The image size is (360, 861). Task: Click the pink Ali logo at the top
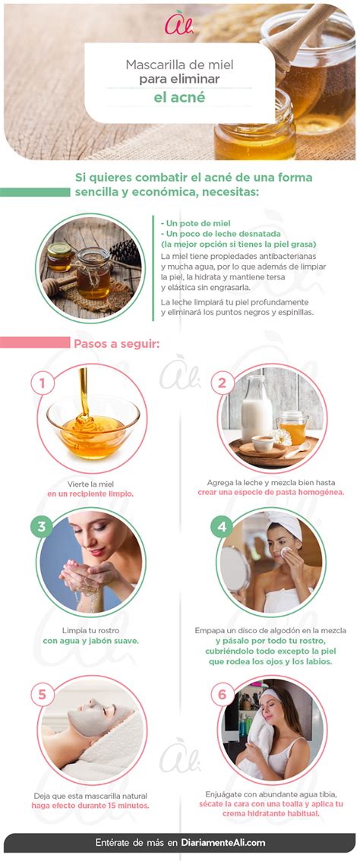[x=178, y=24]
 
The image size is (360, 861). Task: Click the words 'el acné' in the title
[x=179, y=97]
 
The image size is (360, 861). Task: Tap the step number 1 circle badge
[x=43, y=383]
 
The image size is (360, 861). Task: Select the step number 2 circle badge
[x=222, y=383]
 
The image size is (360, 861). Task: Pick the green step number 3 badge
[x=43, y=527]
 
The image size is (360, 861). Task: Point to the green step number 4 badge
[x=222, y=527]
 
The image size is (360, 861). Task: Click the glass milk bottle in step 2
[x=256, y=408]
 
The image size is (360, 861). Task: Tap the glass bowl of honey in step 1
[x=93, y=424]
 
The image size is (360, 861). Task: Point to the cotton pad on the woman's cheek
[x=286, y=551]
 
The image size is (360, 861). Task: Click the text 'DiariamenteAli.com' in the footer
[x=224, y=843]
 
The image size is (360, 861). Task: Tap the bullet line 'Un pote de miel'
[x=195, y=223]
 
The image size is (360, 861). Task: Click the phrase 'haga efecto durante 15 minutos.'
[x=90, y=806]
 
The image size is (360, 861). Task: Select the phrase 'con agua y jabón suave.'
[x=90, y=641]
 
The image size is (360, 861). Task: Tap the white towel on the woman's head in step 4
[x=286, y=525]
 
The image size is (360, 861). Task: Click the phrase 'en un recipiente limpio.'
[x=90, y=494]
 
